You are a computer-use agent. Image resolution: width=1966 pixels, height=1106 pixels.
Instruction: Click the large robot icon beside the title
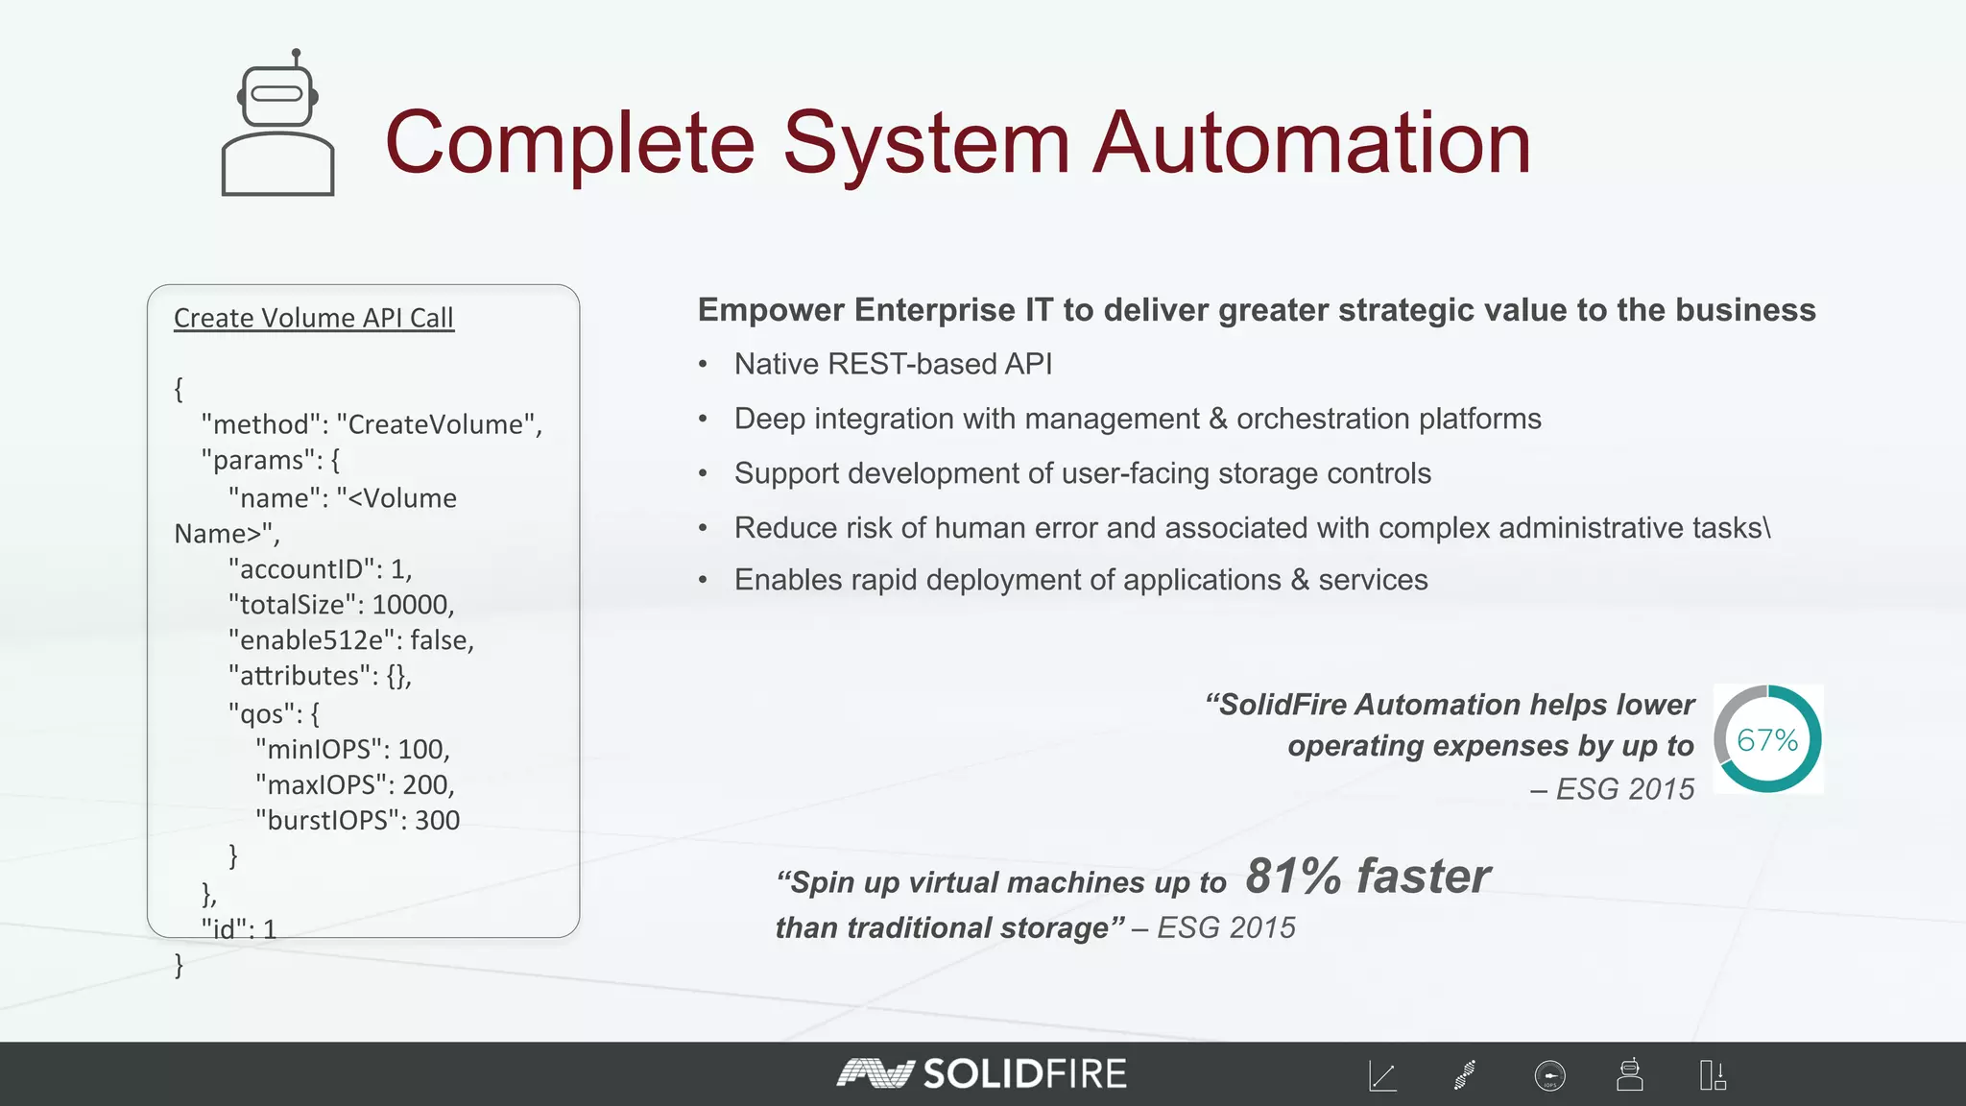pyautogui.click(x=277, y=124)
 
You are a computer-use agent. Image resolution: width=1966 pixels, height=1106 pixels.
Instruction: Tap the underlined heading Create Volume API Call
pyautogui.click(x=313, y=318)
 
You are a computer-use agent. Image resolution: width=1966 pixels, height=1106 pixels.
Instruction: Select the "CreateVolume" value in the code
pyautogui.click(x=439, y=424)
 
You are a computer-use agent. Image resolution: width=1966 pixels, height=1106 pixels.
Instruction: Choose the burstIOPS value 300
pyautogui.click(x=437, y=821)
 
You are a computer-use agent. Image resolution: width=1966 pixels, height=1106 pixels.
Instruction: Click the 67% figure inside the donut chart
pyautogui.click(x=1767, y=740)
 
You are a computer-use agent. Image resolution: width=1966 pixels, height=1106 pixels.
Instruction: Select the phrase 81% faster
pyautogui.click(x=1368, y=877)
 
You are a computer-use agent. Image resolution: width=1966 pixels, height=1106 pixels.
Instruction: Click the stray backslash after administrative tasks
pyautogui.click(x=1767, y=528)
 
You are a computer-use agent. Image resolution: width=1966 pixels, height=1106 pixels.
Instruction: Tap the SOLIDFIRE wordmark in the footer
pyautogui.click(x=1023, y=1074)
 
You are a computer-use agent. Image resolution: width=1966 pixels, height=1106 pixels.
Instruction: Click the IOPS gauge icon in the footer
pyautogui.click(x=1549, y=1076)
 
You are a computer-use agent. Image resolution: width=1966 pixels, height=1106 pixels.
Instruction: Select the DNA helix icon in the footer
pyautogui.click(x=1465, y=1075)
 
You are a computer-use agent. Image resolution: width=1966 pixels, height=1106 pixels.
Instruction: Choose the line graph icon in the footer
pyautogui.click(x=1382, y=1076)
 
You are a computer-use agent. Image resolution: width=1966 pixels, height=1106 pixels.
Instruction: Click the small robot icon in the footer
pyautogui.click(x=1629, y=1075)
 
